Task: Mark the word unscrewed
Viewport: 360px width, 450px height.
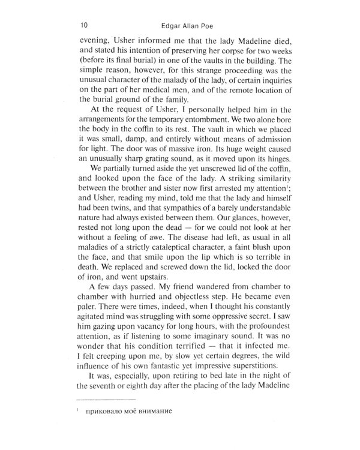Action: (192, 179)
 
